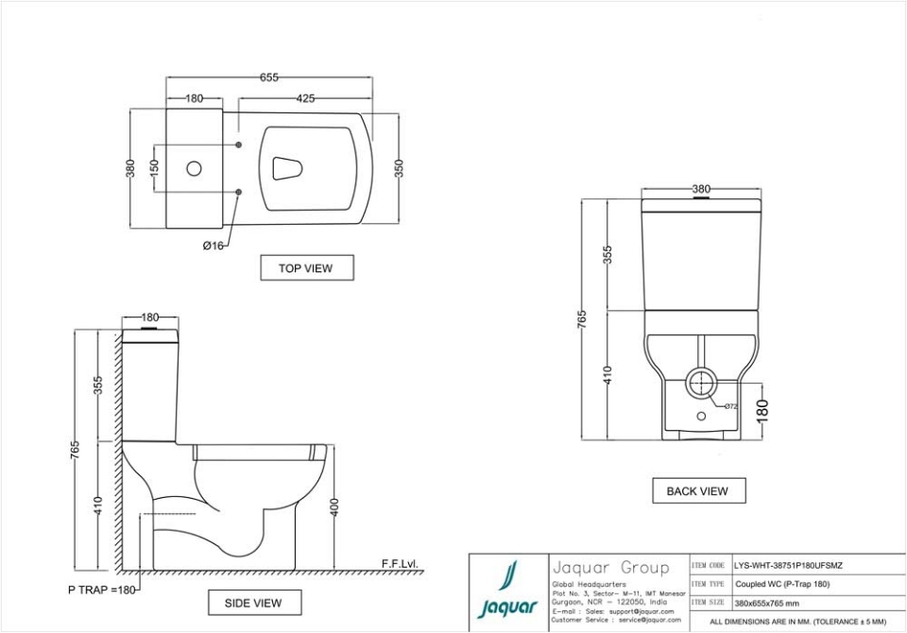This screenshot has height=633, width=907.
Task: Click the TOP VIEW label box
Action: coord(305,268)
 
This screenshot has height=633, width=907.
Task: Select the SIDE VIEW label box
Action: coord(252,603)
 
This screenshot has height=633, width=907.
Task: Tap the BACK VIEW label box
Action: coord(697,491)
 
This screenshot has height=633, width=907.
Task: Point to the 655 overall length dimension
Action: coord(269,78)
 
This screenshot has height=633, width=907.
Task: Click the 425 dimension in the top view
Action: coord(305,98)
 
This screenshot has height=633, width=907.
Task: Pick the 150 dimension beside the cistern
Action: coord(155,169)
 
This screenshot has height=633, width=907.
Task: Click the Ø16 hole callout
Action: coord(213,246)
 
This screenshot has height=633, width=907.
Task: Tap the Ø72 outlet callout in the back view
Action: coord(730,406)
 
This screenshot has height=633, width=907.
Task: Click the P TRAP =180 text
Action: coord(102,590)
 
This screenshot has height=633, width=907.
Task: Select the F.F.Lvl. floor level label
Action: coord(399,564)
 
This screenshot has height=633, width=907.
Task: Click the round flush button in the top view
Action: coord(194,169)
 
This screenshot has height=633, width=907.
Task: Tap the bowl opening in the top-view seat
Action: coord(287,168)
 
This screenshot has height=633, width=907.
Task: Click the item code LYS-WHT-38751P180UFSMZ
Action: coord(789,566)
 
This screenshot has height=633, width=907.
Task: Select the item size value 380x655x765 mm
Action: coord(766,603)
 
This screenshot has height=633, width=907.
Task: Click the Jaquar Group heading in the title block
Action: coord(609,568)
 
